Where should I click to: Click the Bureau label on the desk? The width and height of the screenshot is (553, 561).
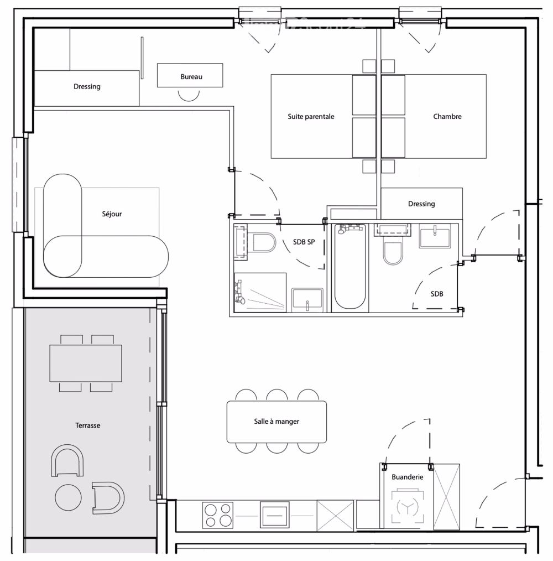click(x=191, y=77)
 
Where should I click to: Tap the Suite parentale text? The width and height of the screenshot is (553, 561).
click(x=311, y=117)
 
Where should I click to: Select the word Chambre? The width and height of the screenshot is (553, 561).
click(x=447, y=117)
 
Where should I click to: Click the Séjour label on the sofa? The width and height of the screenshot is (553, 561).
click(x=112, y=214)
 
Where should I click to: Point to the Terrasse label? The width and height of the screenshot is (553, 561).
click(x=87, y=425)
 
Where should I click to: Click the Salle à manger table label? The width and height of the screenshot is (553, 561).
click(x=276, y=422)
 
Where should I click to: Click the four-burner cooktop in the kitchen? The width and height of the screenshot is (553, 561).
click(x=217, y=515)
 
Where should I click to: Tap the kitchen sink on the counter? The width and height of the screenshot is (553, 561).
click(x=275, y=515)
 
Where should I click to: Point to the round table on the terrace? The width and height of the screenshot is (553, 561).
click(x=69, y=497)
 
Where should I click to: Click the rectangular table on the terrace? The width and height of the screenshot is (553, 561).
click(x=86, y=363)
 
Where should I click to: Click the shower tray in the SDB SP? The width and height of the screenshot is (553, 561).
click(x=260, y=292)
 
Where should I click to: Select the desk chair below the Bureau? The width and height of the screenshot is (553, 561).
click(x=189, y=95)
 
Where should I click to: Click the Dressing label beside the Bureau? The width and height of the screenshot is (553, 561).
click(x=87, y=87)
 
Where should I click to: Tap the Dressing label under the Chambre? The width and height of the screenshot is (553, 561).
click(x=421, y=204)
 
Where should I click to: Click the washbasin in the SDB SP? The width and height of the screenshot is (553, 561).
click(x=308, y=300)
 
